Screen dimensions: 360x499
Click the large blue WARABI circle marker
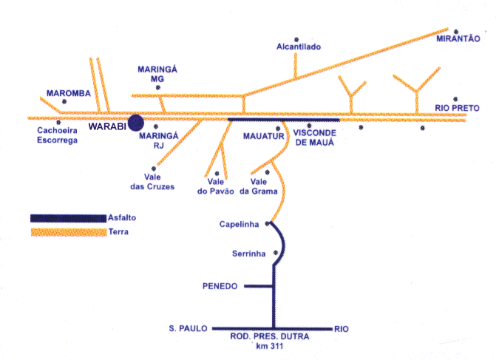point(136,123)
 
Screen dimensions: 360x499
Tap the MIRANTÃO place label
point(458,38)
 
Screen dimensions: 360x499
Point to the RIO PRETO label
point(458,109)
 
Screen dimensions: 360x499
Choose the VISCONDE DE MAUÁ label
point(310,137)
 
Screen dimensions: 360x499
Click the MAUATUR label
point(259,136)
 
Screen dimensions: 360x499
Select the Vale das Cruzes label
point(155,182)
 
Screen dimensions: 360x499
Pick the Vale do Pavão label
point(215,186)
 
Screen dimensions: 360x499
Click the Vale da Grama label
point(263,186)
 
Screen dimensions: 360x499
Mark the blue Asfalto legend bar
point(67,218)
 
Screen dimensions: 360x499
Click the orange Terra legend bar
point(67,232)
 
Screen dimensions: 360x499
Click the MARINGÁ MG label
point(154,74)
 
